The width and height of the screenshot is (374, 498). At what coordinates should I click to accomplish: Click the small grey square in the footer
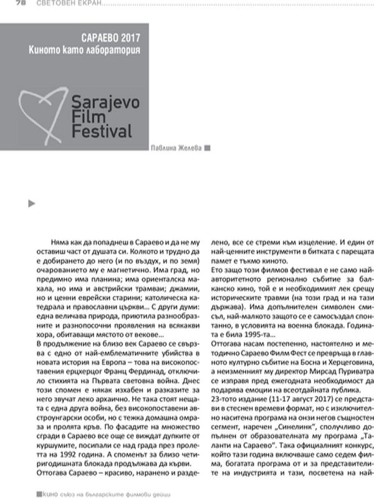click(39, 492)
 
